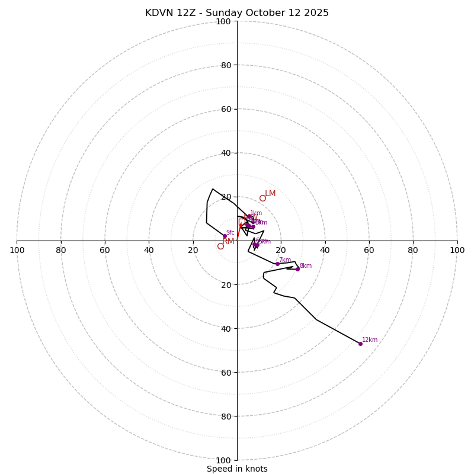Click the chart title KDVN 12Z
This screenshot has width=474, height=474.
pos(237,13)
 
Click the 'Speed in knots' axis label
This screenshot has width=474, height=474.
pos(237,469)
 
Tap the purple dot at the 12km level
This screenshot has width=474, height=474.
pos(360,344)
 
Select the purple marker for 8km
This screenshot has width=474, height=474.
pos(297,269)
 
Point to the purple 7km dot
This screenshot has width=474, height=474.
pos(277,264)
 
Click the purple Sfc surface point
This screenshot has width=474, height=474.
pos(225,236)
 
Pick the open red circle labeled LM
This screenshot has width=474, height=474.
pos(262,198)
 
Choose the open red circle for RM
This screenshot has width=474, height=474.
pos(220,246)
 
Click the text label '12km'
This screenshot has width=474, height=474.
pos(370,340)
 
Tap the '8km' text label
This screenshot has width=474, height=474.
pos(306,266)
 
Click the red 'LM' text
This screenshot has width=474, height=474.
pos(270,194)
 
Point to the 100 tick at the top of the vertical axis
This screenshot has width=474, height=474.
pos(223,21)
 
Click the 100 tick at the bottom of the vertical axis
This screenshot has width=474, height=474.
pos(223,460)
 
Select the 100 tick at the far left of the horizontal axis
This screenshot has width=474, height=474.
pos(17,250)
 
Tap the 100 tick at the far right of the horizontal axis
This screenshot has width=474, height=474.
pos(457,250)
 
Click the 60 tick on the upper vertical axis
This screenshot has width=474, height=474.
pos(226,109)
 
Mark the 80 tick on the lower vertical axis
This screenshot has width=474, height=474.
pos(226,417)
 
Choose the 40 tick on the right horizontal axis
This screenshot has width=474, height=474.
pos(325,250)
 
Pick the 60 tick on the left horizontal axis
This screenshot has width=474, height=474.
pos(105,250)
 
